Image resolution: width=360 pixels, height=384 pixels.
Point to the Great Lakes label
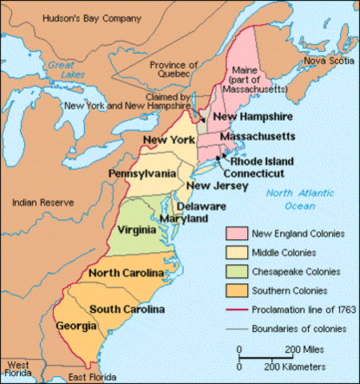[60, 70]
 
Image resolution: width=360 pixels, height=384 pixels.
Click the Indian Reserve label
[40, 203]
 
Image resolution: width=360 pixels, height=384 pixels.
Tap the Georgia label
[76, 326]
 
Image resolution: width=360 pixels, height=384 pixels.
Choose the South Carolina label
[127, 309]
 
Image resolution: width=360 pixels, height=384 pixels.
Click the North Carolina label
[127, 273]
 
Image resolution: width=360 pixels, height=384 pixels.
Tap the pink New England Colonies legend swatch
[235, 234]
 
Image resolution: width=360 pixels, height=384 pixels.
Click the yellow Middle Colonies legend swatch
[235, 253]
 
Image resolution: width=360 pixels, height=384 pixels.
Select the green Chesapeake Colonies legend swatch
[235, 271]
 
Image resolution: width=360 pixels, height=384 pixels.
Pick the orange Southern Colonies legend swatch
[235, 290]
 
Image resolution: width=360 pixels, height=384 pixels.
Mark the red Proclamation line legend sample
[235, 308]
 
